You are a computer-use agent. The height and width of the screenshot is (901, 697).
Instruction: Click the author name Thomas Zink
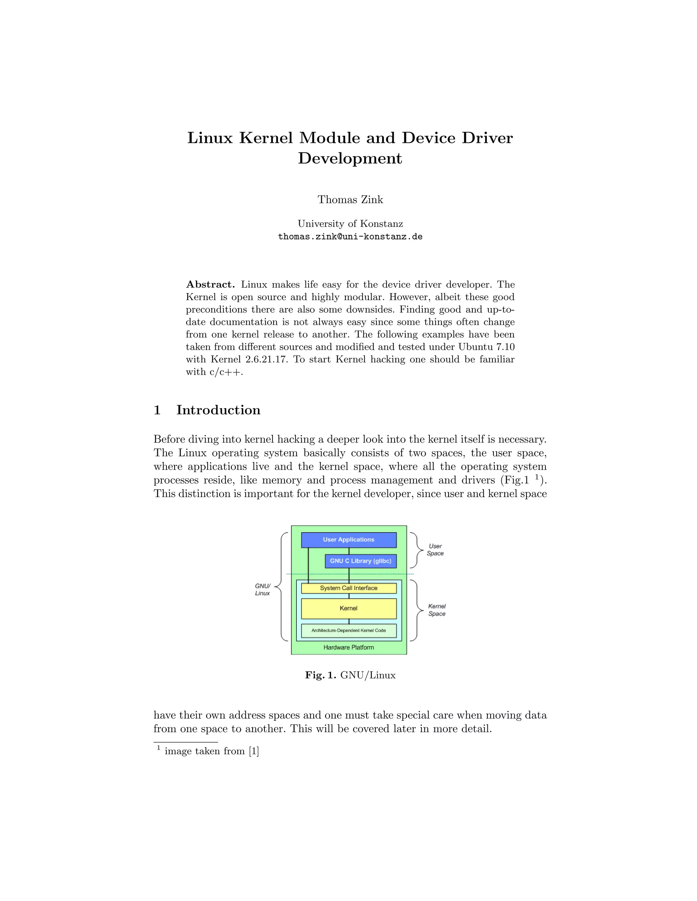point(350,200)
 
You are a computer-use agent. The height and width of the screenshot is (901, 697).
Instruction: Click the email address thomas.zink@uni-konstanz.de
point(350,237)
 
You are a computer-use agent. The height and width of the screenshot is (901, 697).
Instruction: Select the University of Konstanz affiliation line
point(350,224)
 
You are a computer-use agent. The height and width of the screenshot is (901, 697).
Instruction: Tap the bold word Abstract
point(210,285)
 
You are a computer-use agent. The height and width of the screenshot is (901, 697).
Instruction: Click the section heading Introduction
point(218,410)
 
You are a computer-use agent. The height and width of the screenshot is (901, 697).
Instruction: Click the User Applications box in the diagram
point(348,540)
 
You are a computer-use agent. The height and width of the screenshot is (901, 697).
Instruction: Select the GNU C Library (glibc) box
point(360,561)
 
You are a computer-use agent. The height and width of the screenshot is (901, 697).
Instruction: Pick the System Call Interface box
point(348,588)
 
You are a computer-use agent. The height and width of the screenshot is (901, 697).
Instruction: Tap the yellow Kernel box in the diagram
point(348,609)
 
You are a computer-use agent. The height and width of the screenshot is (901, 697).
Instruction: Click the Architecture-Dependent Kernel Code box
point(348,630)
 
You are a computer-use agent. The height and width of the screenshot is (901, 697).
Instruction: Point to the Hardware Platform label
point(348,647)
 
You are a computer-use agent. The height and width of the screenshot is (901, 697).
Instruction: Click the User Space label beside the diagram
point(435,550)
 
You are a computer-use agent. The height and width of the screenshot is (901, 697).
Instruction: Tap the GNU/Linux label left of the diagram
point(262,590)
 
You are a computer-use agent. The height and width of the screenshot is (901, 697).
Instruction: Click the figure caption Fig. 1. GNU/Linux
point(350,675)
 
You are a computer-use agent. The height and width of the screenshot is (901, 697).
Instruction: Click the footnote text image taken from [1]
point(211,751)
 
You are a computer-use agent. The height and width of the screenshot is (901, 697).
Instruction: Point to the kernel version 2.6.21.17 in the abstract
point(265,359)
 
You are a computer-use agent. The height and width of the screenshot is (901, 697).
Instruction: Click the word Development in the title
point(350,158)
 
